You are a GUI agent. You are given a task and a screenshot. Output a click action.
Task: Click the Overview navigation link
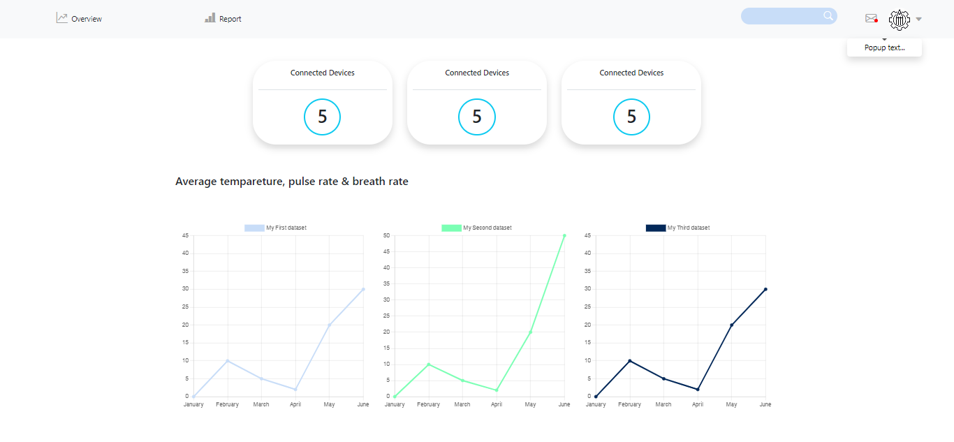80,19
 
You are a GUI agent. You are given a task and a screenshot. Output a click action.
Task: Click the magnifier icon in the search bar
828,16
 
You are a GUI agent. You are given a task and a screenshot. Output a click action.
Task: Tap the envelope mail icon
871,18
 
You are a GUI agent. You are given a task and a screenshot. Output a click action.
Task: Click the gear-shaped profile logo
899,20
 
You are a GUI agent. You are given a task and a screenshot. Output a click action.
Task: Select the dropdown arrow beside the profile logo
919,20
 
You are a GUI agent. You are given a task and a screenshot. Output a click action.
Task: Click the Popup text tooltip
884,47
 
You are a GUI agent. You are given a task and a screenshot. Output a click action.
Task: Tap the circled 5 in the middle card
477,117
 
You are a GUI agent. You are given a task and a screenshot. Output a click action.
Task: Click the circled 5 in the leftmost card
322,117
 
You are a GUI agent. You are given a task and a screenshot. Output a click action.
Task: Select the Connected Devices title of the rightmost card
631,73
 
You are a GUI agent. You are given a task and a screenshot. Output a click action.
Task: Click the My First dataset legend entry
276,228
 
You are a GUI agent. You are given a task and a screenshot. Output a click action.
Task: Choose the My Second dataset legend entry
477,228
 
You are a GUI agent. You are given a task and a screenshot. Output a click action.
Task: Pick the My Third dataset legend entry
678,228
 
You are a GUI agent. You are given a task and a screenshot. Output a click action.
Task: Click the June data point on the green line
564,235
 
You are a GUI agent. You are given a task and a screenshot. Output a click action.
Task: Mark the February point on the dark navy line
630,361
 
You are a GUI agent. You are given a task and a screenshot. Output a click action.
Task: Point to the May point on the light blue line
329,325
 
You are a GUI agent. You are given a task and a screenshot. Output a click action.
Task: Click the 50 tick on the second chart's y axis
386,235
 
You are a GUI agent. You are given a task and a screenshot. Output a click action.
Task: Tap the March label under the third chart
663,404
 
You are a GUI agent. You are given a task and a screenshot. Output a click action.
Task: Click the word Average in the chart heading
196,182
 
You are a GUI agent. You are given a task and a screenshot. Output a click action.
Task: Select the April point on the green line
497,390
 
